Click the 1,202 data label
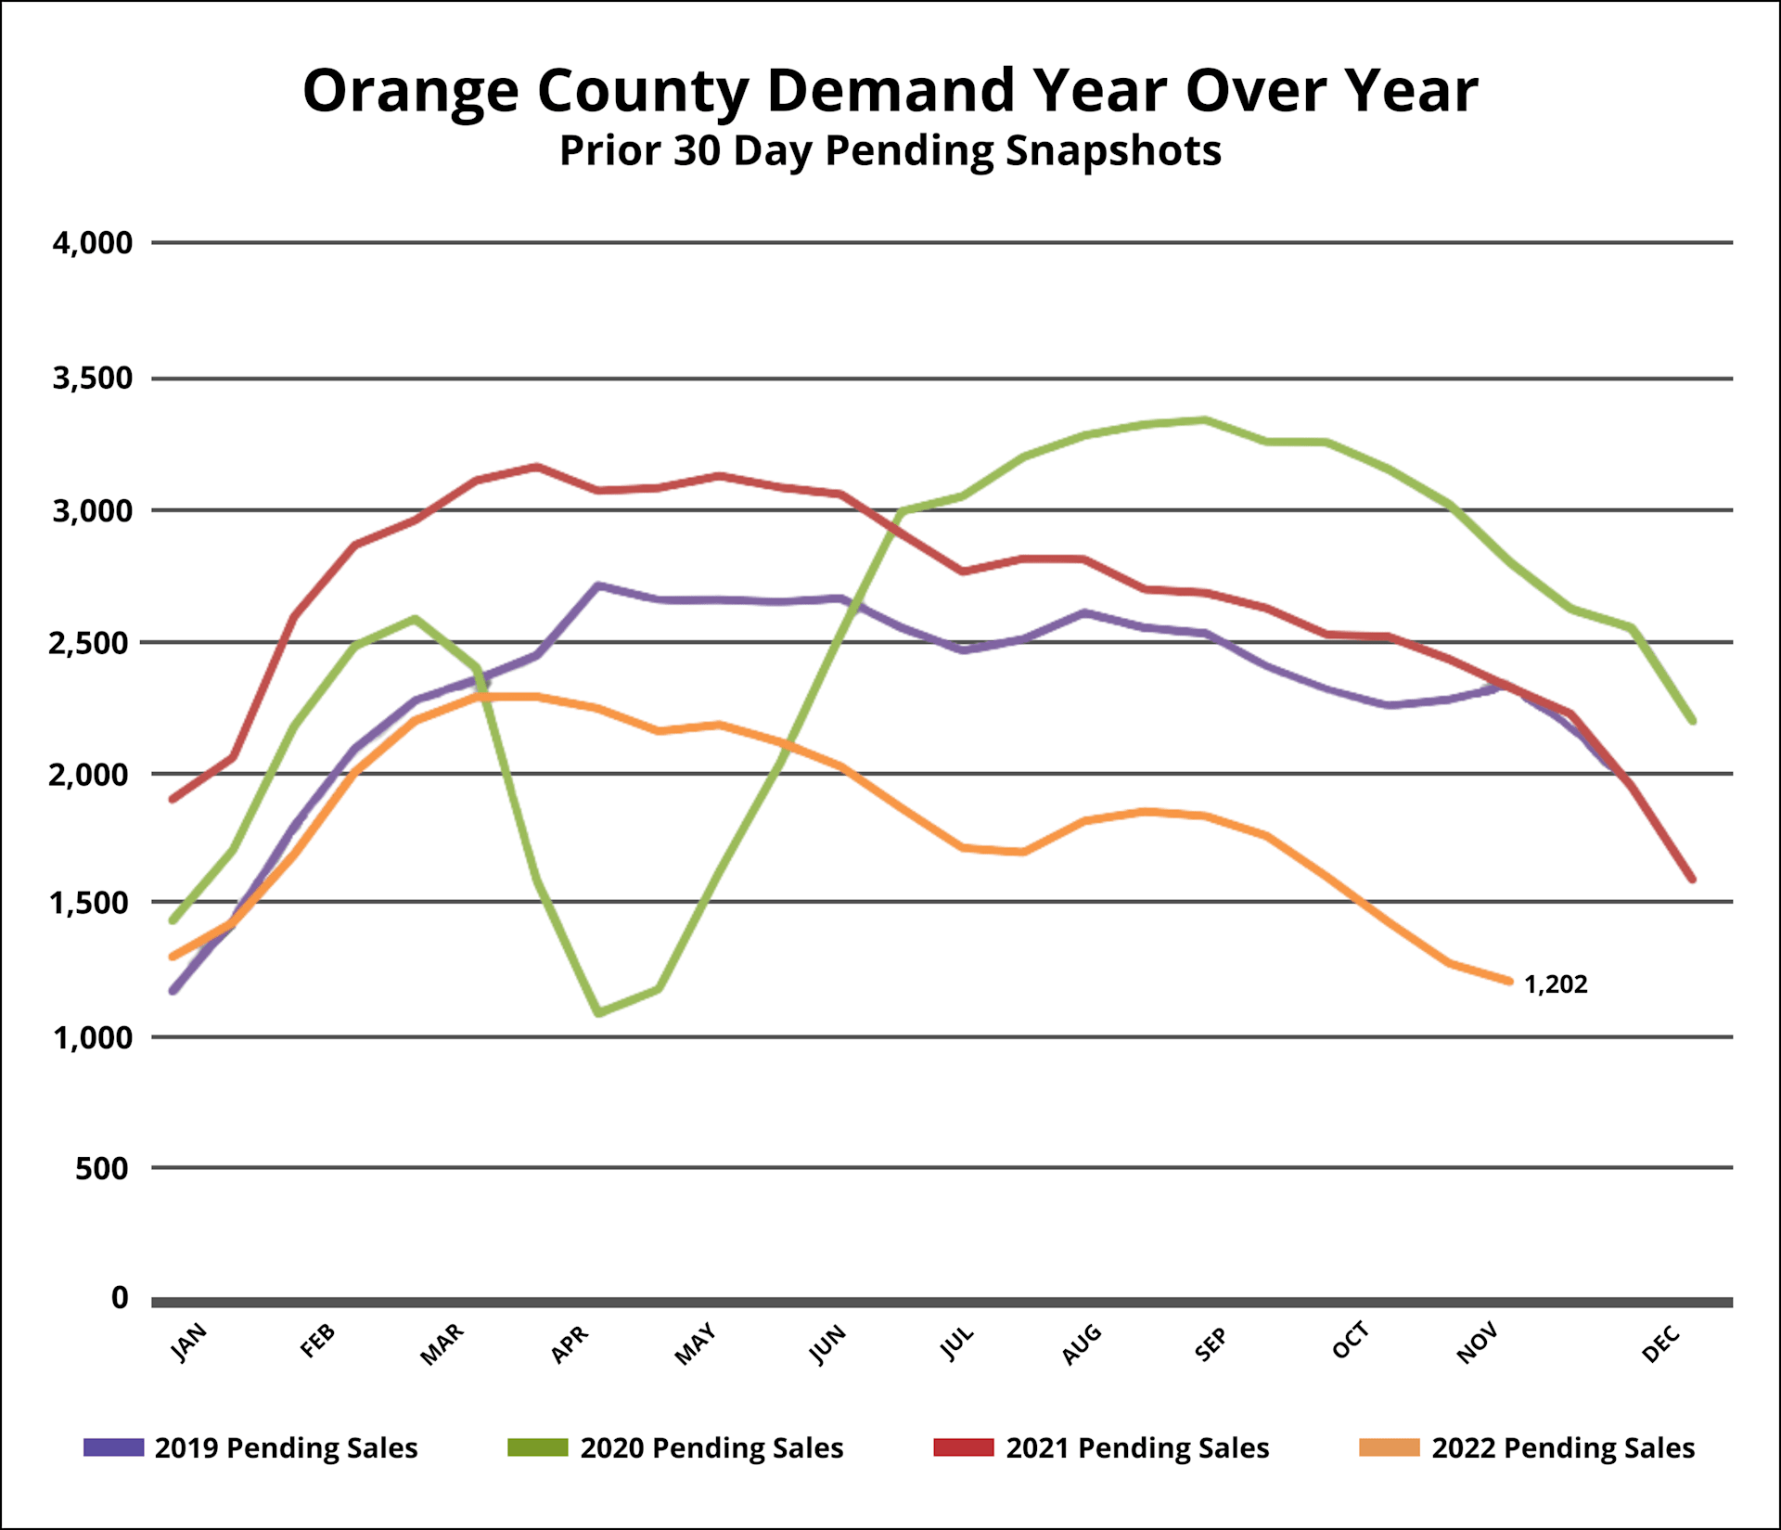tap(1556, 984)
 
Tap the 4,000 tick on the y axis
tap(93, 243)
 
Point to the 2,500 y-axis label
tap(91, 643)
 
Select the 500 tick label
tap(102, 1168)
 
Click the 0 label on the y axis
tap(120, 1298)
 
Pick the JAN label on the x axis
tap(189, 1343)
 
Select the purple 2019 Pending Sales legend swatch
tap(114, 1447)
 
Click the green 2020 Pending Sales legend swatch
tap(538, 1447)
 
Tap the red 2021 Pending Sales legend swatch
tap(964, 1447)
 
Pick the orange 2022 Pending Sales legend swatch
tap(1390, 1447)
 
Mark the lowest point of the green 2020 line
tap(598, 1012)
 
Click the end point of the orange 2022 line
tap(1509, 981)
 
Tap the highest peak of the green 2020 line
tap(1204, 420)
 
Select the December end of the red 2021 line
tap(1692, 879)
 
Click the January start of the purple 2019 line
tap(173, 991)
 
